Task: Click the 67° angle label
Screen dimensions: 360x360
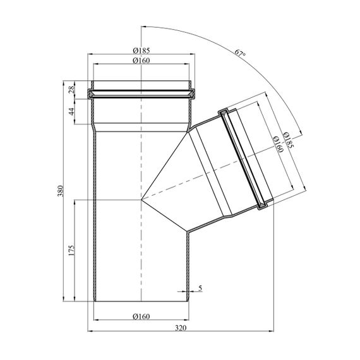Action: pos(240,53)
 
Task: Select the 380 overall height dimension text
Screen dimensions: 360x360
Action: pos(61,191)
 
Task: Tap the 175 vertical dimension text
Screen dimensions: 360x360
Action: pos(72,251)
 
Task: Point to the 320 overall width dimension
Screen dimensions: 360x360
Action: pos(181,328)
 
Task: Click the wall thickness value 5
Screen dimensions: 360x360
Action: pos(200,288)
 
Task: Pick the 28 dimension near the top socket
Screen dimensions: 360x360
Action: pos(72,89)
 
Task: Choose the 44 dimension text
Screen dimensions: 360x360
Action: pos(72,112)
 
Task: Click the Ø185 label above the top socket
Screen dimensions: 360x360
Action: pos(141,51)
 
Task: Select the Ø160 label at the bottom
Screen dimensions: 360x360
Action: pos(141,316)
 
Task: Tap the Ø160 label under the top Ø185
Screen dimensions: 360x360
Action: pos(141,61)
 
